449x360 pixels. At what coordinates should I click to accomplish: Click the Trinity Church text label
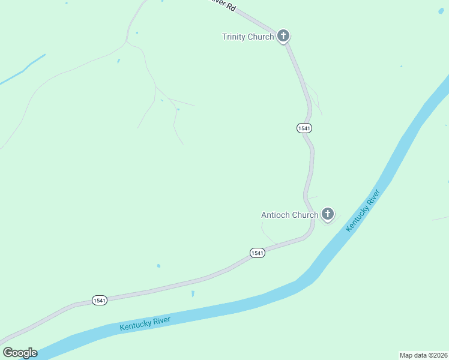tap(248, 37)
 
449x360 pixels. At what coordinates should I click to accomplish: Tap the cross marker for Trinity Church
tap(283, 36)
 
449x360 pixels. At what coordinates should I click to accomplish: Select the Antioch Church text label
tap(289, 215)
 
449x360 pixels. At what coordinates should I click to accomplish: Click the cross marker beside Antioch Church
tap(327, 214)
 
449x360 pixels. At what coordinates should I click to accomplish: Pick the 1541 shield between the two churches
tap(304, 128)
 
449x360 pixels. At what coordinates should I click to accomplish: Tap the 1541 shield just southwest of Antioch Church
tap(257, 253)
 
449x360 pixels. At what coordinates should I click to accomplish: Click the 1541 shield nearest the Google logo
tap(100, 300)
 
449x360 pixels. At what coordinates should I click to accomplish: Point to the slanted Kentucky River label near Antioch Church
tap(363, 211)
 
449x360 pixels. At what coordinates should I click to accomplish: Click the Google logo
tap(20, 353)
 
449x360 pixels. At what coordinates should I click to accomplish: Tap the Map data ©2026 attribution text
tap(424, 355)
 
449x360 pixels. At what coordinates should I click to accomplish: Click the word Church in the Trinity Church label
tap(261, 37)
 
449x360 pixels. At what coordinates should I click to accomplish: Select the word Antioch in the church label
tap(276, 215)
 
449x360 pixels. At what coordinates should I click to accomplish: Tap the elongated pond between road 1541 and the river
tap(193, 294)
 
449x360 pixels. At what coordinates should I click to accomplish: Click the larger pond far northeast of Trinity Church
tap(441, 11)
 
